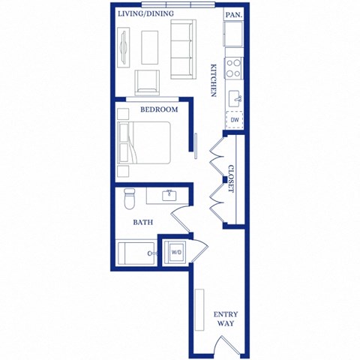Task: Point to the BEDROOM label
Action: [x=159, y=110]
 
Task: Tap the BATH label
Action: [x=143, y=223]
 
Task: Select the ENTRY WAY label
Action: [x=226, y=319]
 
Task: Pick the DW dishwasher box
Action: [x=235, y=119]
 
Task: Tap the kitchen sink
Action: [x=235, y=96]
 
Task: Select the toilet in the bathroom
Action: [x=128, y=199]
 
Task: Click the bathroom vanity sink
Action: [x=169, y=196]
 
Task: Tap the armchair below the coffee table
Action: [x=146, y=83]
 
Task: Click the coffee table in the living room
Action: [x=149, y=46]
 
